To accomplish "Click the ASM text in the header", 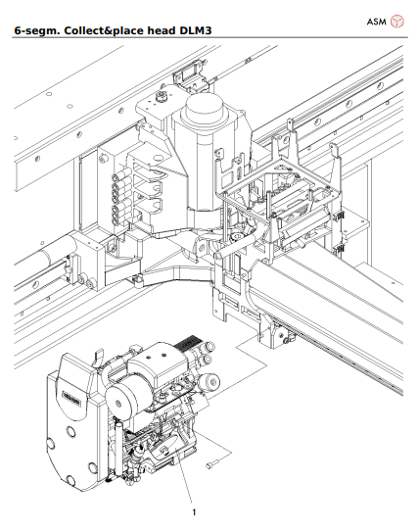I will [377, 21].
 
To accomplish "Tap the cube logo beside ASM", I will [397, 21].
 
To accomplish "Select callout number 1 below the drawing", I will [194, 511].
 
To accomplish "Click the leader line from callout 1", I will [185, 485].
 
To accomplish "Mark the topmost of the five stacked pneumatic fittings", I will [117, 178].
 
